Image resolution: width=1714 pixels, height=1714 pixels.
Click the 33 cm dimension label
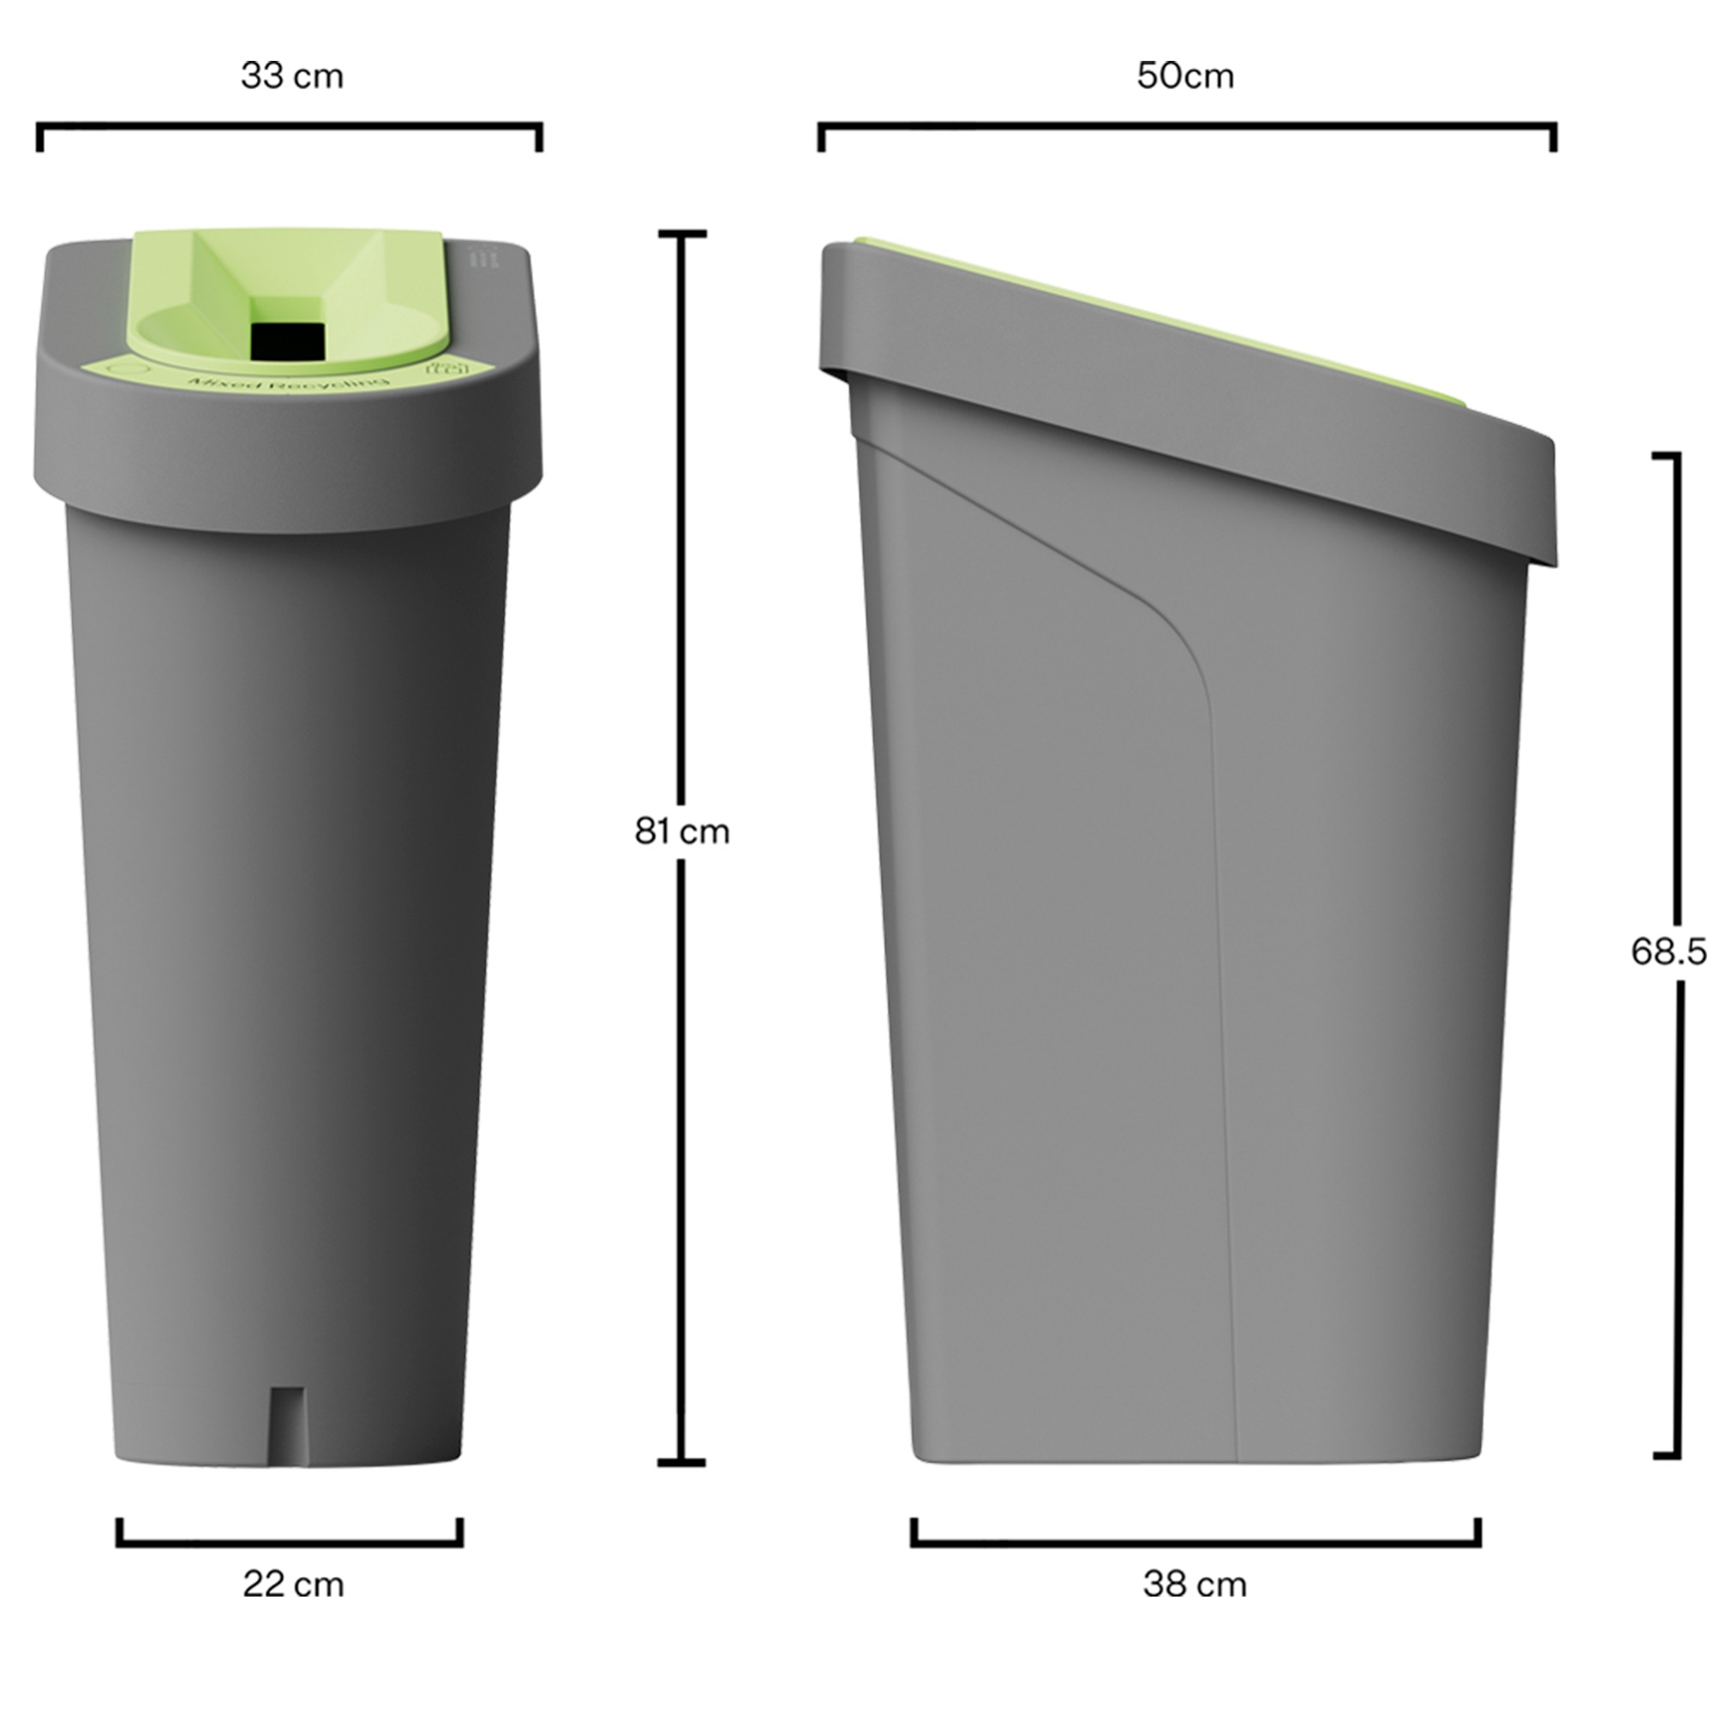[x=292, y=76]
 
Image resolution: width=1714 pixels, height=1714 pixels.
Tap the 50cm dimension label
[x=1185, y=76]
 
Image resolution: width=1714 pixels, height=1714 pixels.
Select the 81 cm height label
[x=681, y=831]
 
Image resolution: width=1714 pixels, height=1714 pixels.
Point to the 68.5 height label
[x=1669, y=952]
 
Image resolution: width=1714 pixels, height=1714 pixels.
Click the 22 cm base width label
[x=293, y=1584]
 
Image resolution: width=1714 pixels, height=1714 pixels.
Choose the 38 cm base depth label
[x=1194, y=1584]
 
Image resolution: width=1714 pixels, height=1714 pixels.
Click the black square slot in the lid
[x=288, y=342]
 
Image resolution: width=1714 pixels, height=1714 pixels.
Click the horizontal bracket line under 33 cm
[x=289, y=127]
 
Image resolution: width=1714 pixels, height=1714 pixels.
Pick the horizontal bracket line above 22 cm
[x=289, y=1543]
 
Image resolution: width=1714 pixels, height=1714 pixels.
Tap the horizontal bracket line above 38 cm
[x=1195, y=1543]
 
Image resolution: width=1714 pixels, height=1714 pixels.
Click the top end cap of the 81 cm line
[x=681, y=234]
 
